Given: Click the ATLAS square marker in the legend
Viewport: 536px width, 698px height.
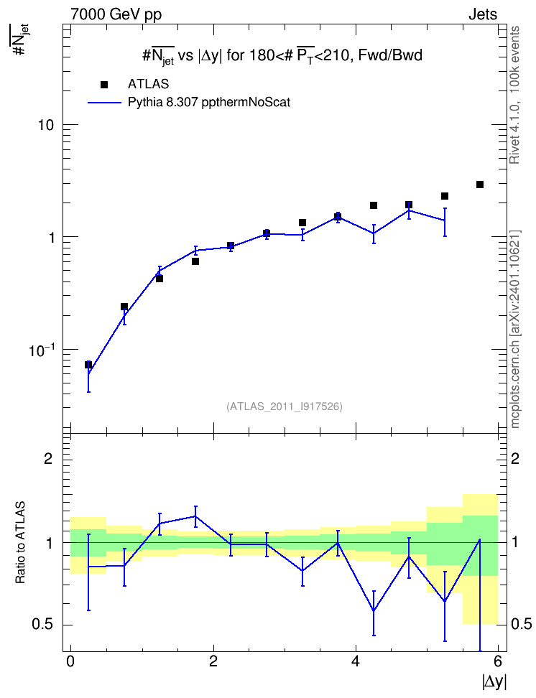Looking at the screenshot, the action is coord(104,85).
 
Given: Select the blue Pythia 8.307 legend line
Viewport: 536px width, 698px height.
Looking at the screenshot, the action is coord(105,103).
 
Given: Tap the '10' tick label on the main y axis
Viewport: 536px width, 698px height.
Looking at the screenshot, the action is coord(45,125).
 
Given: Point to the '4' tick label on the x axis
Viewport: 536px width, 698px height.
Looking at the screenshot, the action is coord(356,661).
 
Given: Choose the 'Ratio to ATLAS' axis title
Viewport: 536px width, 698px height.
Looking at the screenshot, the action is coord(21,543).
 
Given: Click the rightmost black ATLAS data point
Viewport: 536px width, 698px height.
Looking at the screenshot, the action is coord(480,185).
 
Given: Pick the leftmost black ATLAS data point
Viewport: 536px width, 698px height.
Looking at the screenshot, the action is coord(88,365).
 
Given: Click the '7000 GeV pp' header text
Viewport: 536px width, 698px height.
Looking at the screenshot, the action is coord(116,14).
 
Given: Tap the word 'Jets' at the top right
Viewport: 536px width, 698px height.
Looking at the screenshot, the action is coord(483,14).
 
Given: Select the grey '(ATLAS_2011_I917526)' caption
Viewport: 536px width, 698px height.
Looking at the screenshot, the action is coord(285,406).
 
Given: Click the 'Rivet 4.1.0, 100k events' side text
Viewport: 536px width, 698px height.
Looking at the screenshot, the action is coord(514,95).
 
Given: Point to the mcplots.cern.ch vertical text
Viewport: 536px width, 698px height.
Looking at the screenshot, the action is coord(514,329).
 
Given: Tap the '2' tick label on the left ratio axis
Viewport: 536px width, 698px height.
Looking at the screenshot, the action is coord(48,458).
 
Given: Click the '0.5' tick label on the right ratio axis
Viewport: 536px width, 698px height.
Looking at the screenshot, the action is coord(521,624).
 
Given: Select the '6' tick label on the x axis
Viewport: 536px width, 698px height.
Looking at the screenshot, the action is coord(498,661).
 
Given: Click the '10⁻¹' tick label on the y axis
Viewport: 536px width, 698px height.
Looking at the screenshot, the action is coord(42,350).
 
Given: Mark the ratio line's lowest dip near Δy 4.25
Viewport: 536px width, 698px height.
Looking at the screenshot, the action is coord(374,610).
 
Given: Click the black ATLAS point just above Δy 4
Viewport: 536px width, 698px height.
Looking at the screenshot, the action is coord(374,205).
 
